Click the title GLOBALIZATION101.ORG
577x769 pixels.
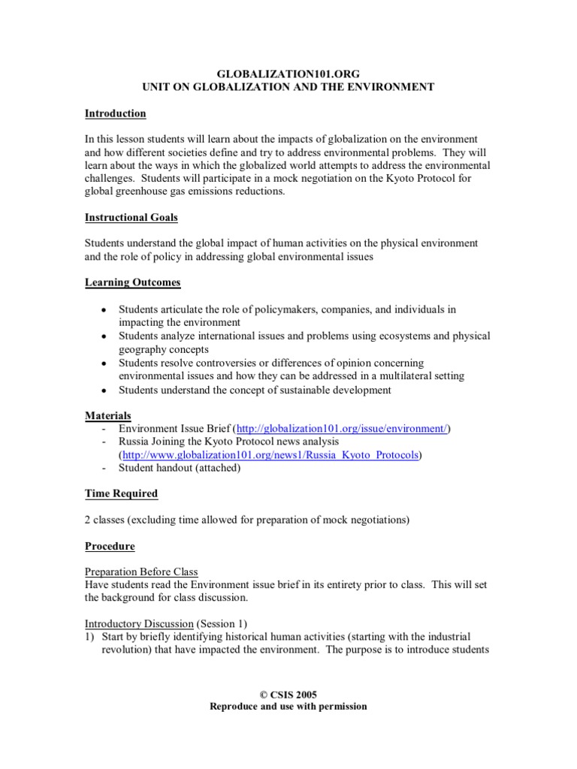(x=288, y=75)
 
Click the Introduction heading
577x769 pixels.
(x=115, y=113)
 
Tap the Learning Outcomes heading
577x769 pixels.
(x=131, y=282)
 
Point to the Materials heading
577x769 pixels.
(x=107, y=415)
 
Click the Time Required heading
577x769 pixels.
(x=121, y=493)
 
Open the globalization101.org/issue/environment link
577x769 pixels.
(x=342, y=429)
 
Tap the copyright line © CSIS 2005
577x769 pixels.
(x=288, y=695)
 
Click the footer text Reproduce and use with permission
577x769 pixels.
(x=288, y=707)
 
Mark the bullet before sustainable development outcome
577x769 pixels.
(x=103, y=390)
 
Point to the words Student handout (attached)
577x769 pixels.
(x=180, y=468)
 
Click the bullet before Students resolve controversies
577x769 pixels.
(x=103, y=363)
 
